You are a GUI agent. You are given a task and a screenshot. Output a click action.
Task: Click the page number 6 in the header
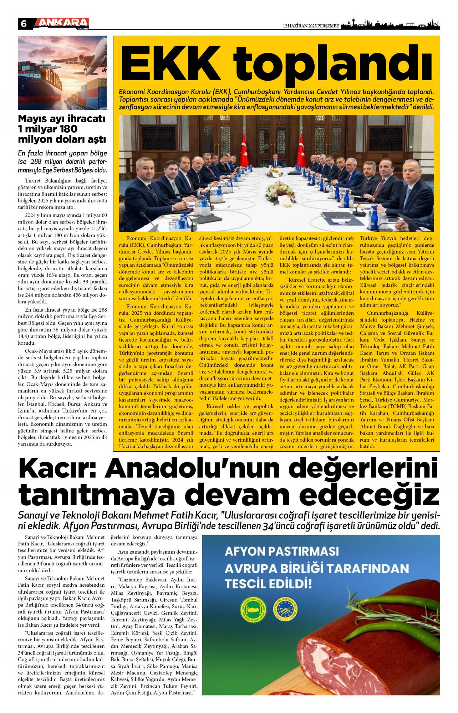(24, 24)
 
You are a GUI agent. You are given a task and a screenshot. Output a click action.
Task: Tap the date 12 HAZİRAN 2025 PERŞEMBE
(310, 26)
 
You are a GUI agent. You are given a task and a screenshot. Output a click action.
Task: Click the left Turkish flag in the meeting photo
(244, 150)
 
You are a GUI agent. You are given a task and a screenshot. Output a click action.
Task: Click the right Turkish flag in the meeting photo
(301, 150)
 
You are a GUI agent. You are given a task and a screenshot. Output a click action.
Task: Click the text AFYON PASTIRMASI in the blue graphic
(282, 551)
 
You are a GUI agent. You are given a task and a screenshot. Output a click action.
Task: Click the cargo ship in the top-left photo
(36, 89)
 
